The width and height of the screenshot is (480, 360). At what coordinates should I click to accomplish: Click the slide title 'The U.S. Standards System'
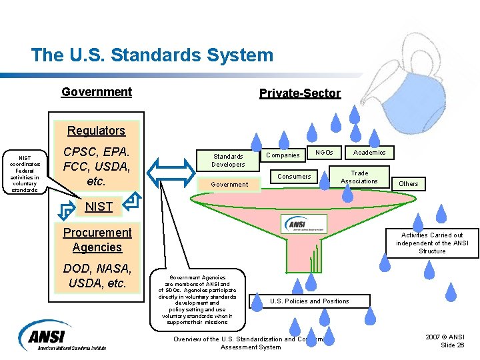click(152, 55)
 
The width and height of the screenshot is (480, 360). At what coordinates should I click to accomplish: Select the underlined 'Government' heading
click(97, 92)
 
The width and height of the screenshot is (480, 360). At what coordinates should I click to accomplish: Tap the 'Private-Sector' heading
click(299, 93)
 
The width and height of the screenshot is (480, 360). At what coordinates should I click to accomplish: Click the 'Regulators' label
click(96, 131)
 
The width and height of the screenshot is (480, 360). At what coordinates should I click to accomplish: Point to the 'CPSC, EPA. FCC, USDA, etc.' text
click(96, 166)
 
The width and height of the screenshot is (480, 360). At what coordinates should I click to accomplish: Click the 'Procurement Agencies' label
click(97, 240)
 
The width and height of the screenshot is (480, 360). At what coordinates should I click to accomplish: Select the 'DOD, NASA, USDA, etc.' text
click(97, 275)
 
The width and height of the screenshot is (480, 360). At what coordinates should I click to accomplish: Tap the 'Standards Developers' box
click(227, 160)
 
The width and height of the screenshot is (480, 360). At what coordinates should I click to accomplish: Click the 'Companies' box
click(283, 155)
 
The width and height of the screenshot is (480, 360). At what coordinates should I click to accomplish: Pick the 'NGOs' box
click(324, 153)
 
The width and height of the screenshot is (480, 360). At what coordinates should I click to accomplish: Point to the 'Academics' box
click(369, 153)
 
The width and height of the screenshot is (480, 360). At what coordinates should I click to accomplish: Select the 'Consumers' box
click(294, 177)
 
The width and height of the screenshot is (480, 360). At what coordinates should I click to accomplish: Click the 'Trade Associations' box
click(359, 177)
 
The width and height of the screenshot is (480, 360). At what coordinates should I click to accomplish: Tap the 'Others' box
click(408, 183)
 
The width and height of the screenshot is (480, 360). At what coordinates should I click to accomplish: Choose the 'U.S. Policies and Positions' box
click(309, 301)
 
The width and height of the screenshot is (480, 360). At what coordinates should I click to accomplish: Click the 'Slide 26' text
click(452, 345)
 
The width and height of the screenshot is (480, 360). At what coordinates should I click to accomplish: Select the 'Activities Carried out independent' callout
click(432, 243)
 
